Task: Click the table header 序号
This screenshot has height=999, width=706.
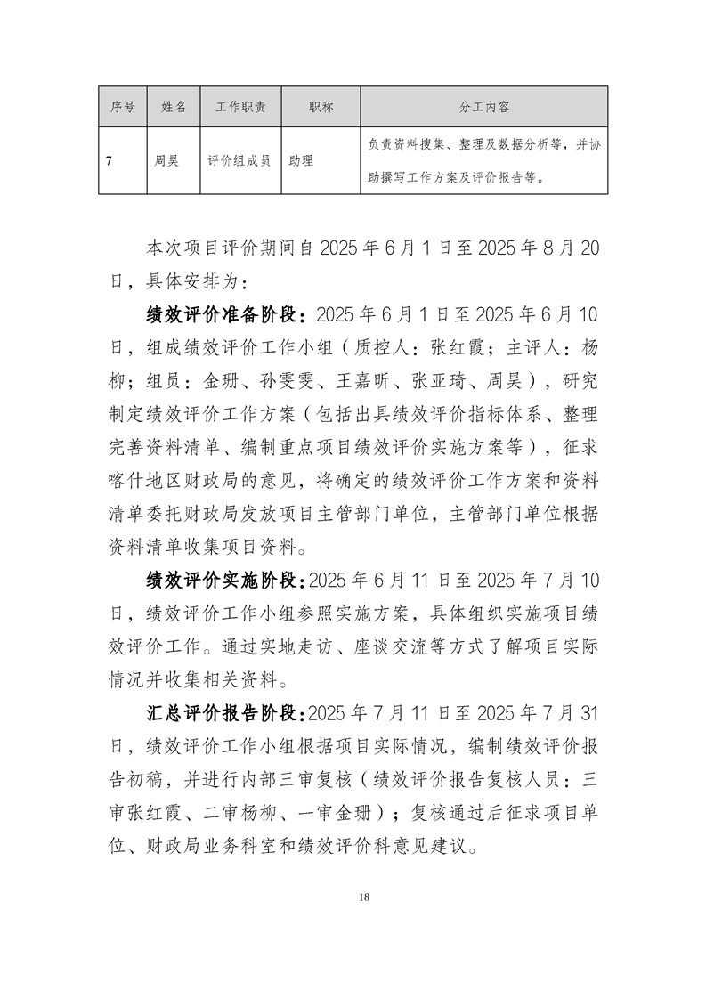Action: tap(122, 107)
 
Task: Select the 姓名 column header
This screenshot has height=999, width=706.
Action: tap(174, 107)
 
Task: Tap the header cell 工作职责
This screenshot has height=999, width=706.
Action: tap(240, 107)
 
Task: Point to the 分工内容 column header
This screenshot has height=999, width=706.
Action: tap(484, 107)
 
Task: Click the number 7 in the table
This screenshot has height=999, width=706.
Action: tap(108, 161)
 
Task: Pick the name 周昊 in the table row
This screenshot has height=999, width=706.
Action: tap(166, 161)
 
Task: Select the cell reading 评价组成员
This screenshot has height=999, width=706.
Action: tap(239, 161)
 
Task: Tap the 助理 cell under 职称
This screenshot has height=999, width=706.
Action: tap(301, 161)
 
